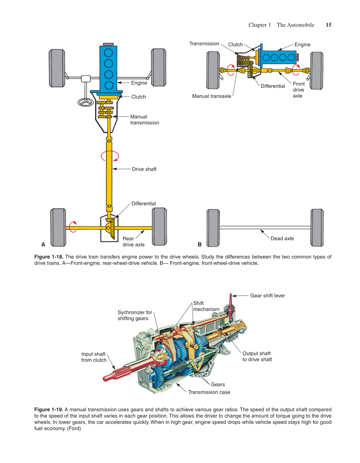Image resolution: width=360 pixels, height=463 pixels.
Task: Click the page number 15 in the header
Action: pos(329,25)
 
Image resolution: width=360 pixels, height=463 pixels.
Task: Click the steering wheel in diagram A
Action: pos(86,102)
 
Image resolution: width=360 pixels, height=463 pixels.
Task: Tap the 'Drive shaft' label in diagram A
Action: pos(144,169)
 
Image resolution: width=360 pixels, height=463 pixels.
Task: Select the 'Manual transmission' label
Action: pos(144,120)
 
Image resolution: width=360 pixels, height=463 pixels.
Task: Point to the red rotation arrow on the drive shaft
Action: pos(110,156)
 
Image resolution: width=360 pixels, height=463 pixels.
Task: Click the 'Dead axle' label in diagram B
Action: pos(282,238)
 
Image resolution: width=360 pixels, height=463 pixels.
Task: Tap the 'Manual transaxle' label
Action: pos(211,96)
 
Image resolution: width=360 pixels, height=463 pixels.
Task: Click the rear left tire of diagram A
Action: pos(58,227)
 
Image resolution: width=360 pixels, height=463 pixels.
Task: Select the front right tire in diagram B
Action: pos(317,71)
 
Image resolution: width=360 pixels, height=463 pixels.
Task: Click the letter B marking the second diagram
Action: pos(200,244)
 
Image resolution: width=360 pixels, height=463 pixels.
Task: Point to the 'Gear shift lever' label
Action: pos(267,296)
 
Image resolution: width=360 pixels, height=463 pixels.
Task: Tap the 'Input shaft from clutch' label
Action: pos(94,357)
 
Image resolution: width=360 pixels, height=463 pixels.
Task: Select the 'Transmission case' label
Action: pos(209,392)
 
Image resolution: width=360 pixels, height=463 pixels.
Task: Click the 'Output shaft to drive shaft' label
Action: pos(257,356)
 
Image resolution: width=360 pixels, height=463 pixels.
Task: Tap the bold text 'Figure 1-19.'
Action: pos(48,409)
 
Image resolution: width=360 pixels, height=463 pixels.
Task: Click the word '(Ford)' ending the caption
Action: pos(74,429)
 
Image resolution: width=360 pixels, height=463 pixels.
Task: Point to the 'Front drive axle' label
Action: pos(298,90)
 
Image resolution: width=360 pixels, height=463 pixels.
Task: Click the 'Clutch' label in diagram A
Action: pos(138,97)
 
